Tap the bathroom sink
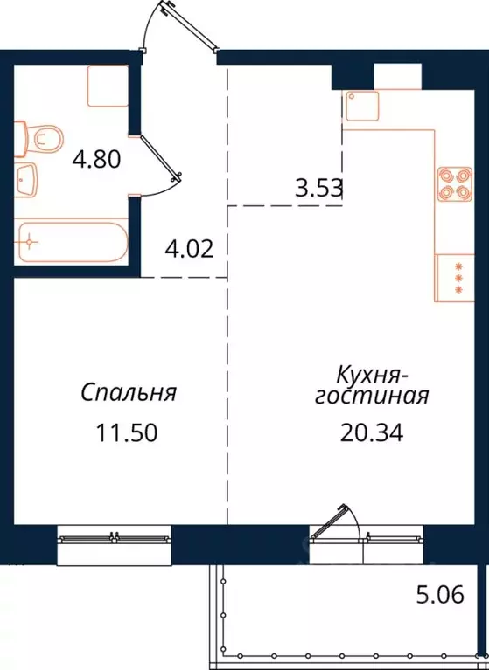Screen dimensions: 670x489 27,181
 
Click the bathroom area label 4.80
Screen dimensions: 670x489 96,160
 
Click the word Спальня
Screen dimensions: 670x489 129,393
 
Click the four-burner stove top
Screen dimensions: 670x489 452,181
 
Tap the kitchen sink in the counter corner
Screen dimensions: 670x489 361,107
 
